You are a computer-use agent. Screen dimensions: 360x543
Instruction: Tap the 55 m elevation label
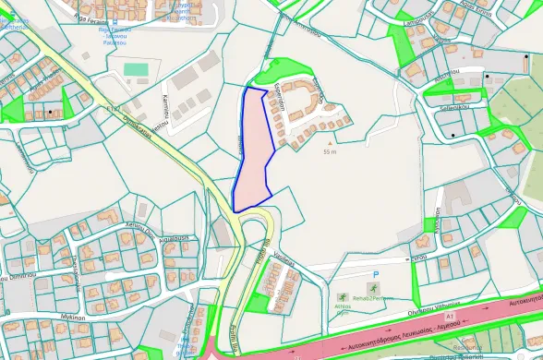(330, 152)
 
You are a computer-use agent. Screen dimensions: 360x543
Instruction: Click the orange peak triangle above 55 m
(330, 144)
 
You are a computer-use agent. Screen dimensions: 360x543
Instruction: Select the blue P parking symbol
(376, 275)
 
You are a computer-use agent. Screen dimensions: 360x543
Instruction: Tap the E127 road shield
(114, 109)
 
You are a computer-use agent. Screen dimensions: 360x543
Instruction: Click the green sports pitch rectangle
(136, 69)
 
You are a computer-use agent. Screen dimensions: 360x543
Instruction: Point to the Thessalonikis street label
(70, 272)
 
